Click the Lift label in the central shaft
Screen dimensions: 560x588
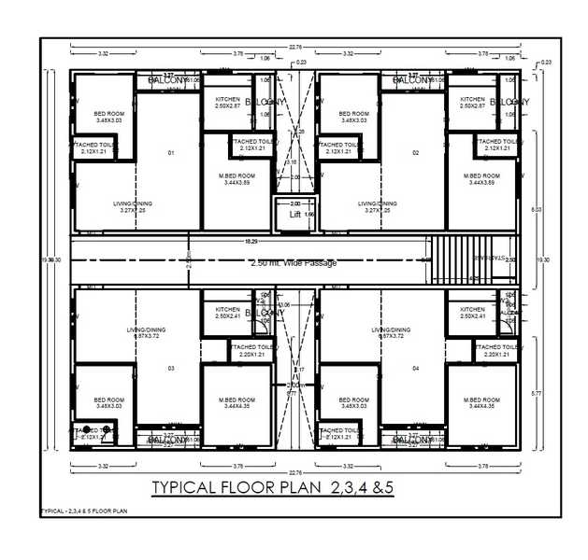[295, 215]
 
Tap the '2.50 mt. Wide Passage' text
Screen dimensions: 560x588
[294, 263]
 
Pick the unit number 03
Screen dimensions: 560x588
[171, 369]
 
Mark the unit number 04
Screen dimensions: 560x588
[415, 369]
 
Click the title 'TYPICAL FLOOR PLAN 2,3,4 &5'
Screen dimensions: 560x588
[273, 487]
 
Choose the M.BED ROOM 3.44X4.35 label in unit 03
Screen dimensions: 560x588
[238, 402]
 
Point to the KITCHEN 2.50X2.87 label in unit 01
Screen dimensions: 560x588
[228, 103]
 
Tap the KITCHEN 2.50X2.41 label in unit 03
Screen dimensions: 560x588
[228, 313]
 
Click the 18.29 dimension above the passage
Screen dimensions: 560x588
[251, 241]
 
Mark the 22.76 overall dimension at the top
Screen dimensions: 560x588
[295, 46]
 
